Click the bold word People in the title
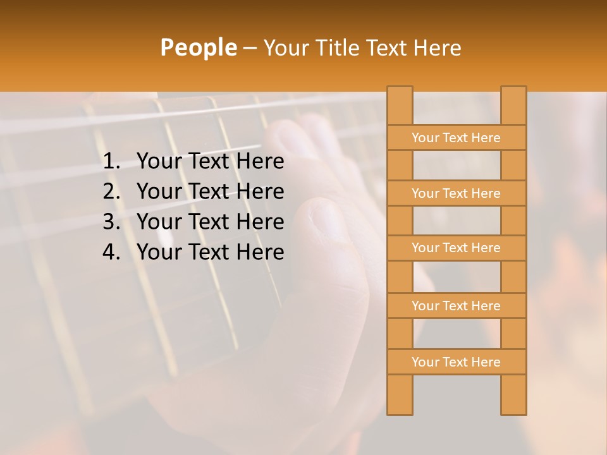(x=198, y=48)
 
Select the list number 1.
(x=111, y=162)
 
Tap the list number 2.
(x=111, y=191)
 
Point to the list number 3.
(x=111, y=222)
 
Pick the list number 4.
(x=111, y=252)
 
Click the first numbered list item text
(x=210, y=162)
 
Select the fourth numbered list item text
(x=210, y=252)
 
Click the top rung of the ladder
(x=456, y=138)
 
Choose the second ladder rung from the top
(x=456, y=193)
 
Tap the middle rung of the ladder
(x=456, y=248)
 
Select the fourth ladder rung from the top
(x=456, y=306)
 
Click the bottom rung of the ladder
(x=456, y=362)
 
